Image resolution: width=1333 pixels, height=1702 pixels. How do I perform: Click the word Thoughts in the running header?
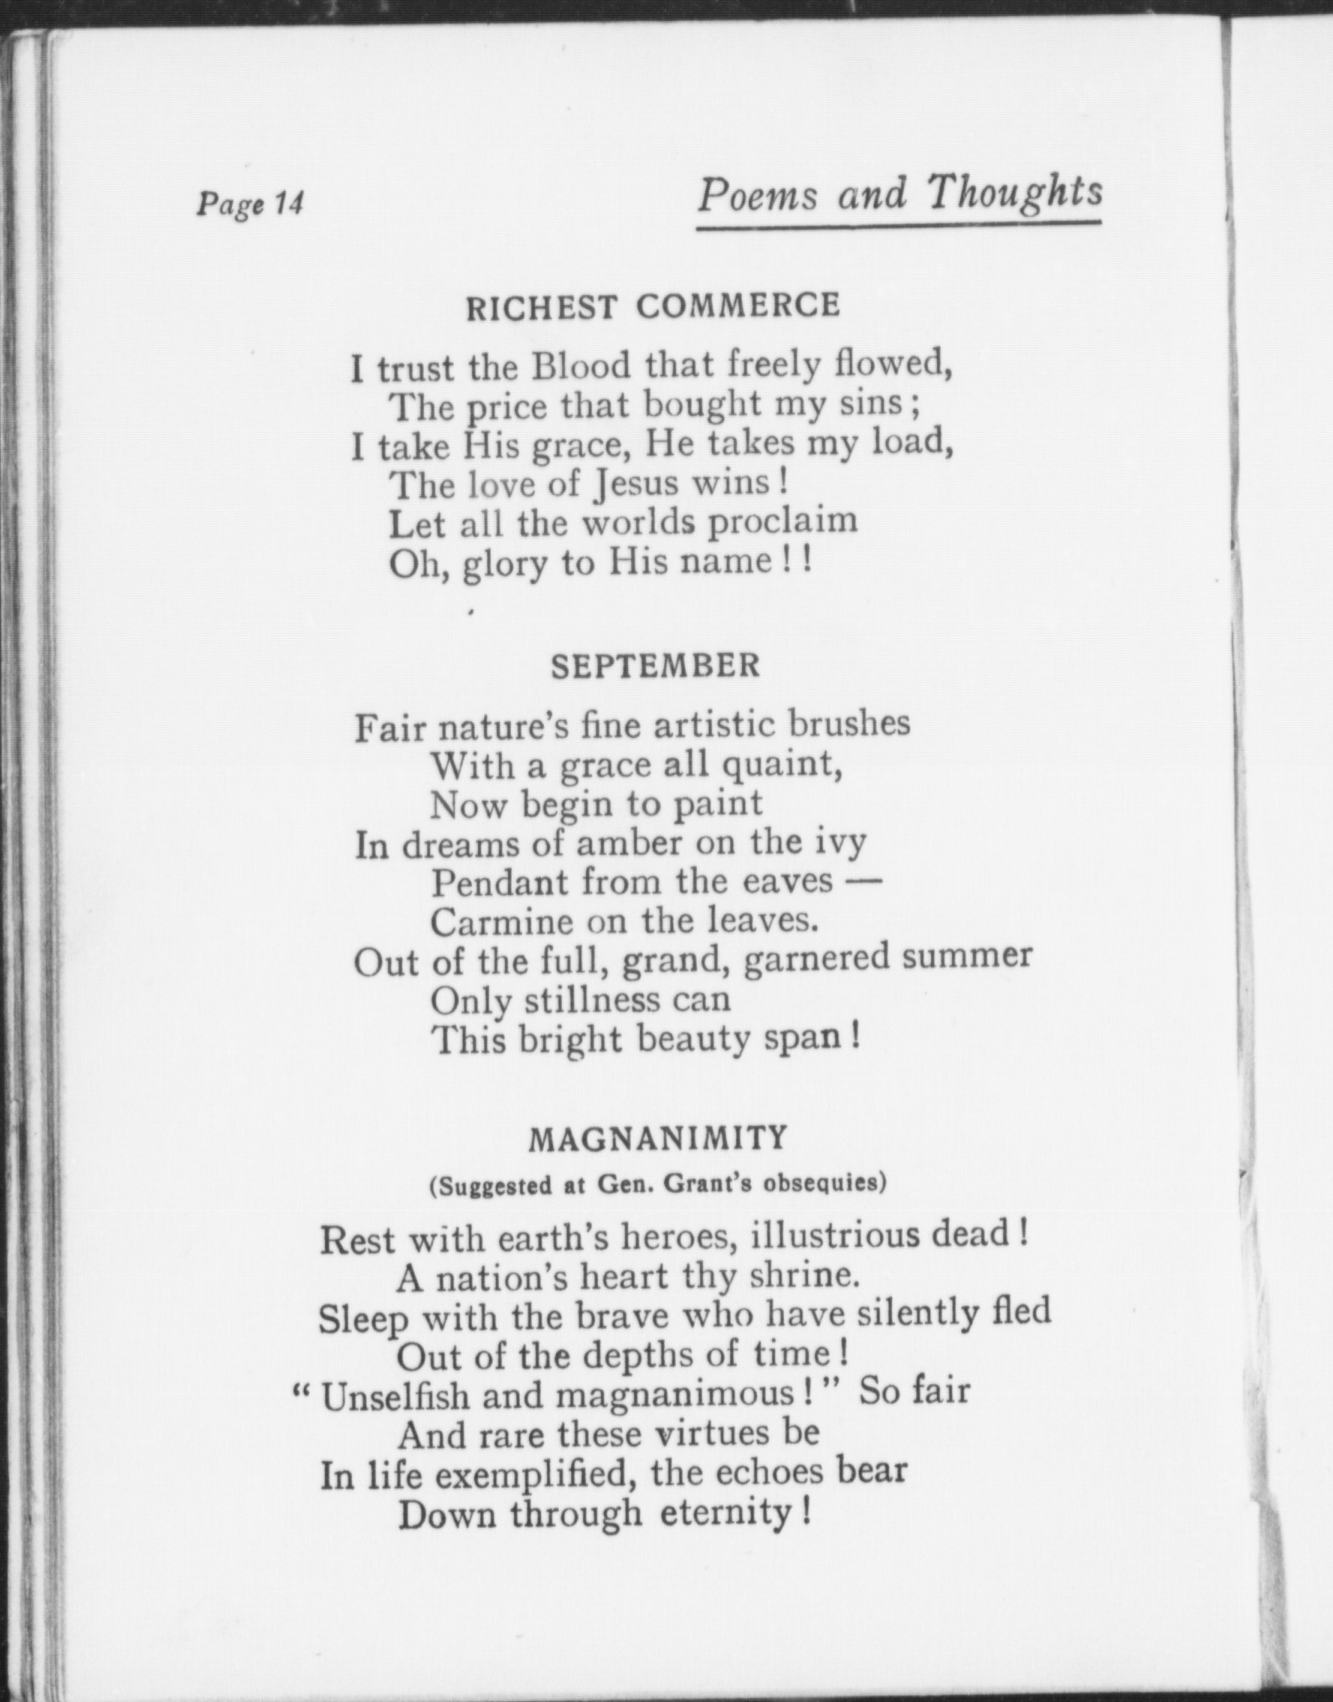[x=1015, y=193]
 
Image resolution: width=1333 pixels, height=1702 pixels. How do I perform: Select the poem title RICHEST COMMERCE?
[x=653, y=307]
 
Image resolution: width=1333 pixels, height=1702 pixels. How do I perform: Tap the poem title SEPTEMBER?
[x=656, y=666]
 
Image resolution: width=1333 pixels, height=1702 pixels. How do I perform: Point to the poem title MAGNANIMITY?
[x=659, y=1138]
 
